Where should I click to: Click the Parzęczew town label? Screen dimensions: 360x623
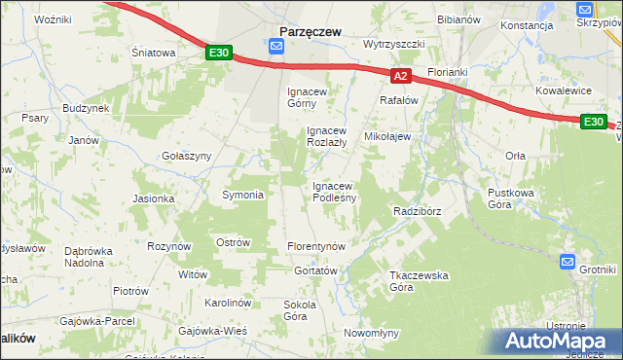coord(310,31)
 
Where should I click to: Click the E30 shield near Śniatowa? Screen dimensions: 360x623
coord(219,54)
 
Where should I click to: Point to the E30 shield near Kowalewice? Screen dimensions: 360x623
coord(593,122)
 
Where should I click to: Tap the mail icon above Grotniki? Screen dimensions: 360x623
coord(568,261)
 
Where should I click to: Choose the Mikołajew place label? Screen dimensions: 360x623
coord(387,137)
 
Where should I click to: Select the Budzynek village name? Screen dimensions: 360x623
coord(86,108)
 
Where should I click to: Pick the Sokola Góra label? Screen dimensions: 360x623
coord(301,309)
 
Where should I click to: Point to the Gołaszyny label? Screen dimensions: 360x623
coord(186,156)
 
